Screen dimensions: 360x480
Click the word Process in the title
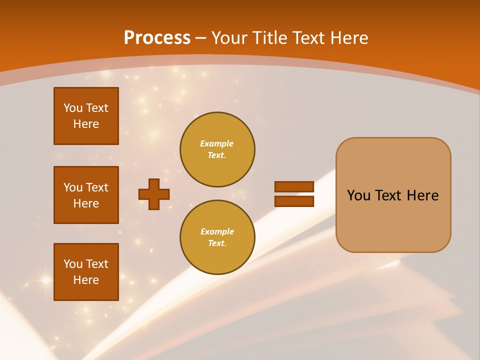[x=157, y=38]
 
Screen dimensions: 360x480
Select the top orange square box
[x=86, y=116]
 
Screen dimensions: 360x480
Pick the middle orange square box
[x=86, y=195]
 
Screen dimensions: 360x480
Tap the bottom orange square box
[x=86, y=271]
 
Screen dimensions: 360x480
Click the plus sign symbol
[x=154, y=194]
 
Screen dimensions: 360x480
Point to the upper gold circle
[x=217, y=149]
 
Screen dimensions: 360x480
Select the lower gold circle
[x=217, y=237]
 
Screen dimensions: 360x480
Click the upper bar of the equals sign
[x=294, y=186]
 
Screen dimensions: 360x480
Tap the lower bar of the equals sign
[x=294, y=201]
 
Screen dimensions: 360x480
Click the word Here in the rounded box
[x=422, y=195]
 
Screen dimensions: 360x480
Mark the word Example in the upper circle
[x=217, y=143]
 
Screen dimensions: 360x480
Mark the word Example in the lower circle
[x=217, y=231]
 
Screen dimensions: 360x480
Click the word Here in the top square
[x=86, y=124]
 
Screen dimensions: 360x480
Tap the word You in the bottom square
[x=73, y=263]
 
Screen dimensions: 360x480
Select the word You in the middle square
[x=73, y=187]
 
